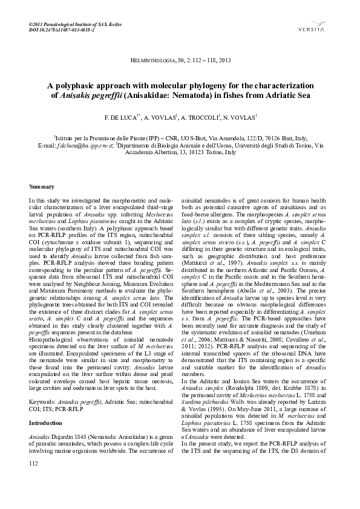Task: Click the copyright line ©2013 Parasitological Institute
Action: pyautogui.click(x=75, y=24)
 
